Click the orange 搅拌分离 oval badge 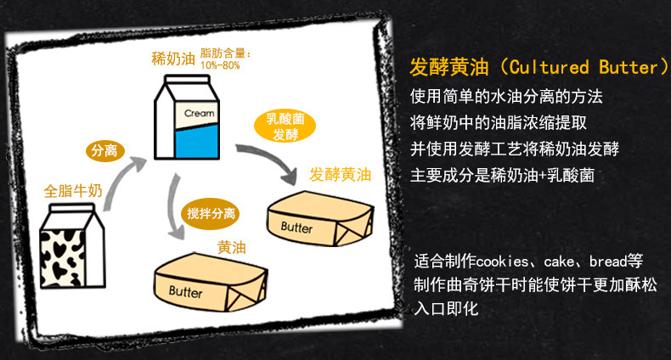point(210,211)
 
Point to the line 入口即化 point(445,307)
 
